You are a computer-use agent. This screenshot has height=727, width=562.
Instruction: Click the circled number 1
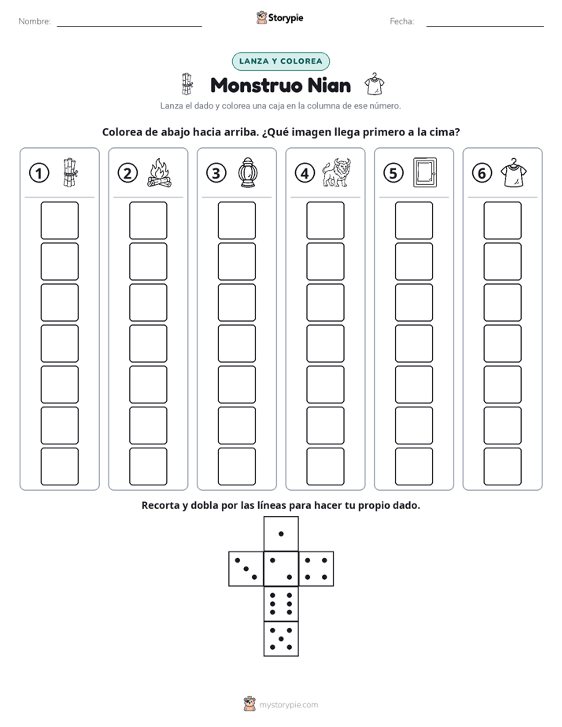tap(39, 173)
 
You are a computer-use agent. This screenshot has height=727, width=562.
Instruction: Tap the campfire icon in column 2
tap(160, 173)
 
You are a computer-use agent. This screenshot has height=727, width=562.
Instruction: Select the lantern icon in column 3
tap(248, 173)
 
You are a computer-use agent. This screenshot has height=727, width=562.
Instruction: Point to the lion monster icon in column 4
tap(337, 172)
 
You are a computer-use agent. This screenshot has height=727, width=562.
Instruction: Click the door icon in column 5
tap(425, 172)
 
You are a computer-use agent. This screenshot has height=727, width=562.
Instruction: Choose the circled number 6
tap(482, 173)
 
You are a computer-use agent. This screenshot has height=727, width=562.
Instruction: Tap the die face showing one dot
tap(281, 533)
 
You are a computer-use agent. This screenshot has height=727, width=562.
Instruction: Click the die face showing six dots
tap(281, 603)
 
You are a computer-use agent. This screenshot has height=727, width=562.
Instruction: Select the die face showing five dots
tap(281, 638)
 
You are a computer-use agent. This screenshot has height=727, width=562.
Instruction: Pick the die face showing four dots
tap(316, 569)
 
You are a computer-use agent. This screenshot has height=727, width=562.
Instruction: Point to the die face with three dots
tap(246, 569)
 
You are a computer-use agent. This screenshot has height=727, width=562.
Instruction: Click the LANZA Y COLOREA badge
tap(280, 61)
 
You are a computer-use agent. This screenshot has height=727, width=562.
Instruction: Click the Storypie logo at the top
tap(279, 18)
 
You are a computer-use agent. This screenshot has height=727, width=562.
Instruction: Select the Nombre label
tap(35, 21)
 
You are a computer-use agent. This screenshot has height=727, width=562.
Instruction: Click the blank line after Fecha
tap(485, 26)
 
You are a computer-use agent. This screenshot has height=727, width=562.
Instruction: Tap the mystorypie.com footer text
tap(288, 705)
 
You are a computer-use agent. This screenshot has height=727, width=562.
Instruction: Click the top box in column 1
tap(59, 220)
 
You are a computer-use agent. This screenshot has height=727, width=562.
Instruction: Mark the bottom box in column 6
tap(503, 466)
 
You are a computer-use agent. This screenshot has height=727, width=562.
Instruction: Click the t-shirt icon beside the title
tap(374, 84)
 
